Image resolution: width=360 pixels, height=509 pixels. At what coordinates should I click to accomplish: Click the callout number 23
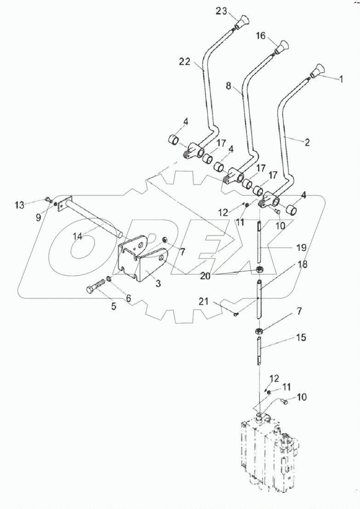(x=222, y=12)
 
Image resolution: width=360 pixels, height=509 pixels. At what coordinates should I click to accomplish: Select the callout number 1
(x=341, y=79)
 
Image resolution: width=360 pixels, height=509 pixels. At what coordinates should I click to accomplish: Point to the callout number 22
(x=184, y=63)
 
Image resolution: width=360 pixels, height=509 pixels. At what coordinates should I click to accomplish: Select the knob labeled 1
(x=317, y=70)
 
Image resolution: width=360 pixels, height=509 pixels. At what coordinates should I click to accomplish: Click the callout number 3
(x=158, y=284)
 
